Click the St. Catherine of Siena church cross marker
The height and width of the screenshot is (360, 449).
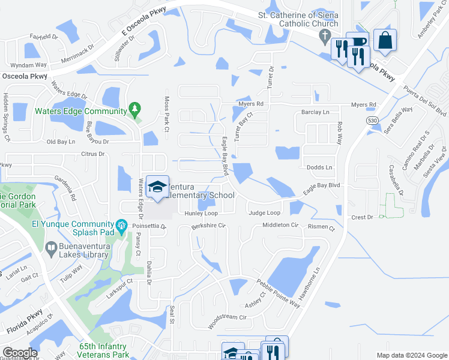click(325, 35)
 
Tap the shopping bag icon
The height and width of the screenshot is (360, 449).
click(384, 40)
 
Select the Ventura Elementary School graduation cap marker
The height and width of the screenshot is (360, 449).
click(157, 187)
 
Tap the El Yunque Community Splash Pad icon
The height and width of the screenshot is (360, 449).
click(122, 226)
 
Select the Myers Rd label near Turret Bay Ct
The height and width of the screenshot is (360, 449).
click(252, 104)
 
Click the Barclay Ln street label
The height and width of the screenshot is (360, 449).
click(316, 112)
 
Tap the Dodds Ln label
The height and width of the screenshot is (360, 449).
click(319, 167)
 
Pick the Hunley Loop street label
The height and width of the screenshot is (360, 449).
click(201, 213)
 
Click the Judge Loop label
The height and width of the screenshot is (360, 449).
click(264, 213)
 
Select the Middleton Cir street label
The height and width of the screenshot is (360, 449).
click(280, 225)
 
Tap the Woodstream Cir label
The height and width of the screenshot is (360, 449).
click(227, 316)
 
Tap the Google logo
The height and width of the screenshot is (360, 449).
click(20, 353)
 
